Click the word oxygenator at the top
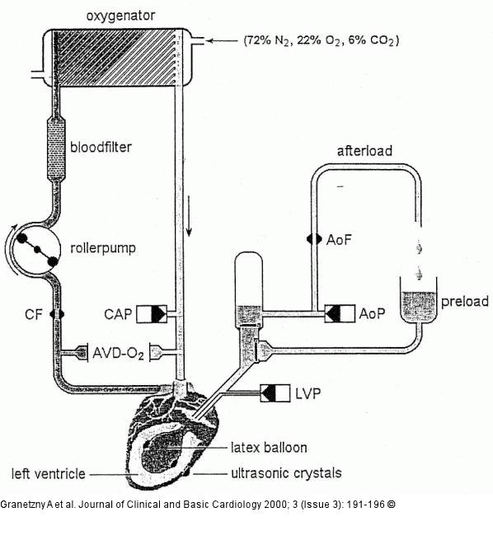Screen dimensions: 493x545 click(120, 16)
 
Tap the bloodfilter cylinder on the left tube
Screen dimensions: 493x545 click(56, 149)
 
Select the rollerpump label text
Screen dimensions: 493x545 click(103, 248)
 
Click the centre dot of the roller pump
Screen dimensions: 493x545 click(37, 249)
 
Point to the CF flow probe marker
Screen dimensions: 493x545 click(57, 314)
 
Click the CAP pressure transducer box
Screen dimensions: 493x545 click(152, 314)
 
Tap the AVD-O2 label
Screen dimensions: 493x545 click(118, 354)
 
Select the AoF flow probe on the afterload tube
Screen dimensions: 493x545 click(314, 239)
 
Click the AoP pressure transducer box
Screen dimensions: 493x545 click(340, 313)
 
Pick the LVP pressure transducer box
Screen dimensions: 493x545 click(275, 393)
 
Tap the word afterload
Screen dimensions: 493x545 click(364, 151)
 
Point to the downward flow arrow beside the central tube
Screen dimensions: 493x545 click(189, 216)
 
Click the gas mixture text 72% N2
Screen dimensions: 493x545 click(267, 40)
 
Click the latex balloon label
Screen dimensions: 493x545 click(269, 448)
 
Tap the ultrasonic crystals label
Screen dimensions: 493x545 click(286, 473)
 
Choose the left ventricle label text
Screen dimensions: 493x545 click(49, 474)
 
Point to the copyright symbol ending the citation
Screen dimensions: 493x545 click(391, 505)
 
